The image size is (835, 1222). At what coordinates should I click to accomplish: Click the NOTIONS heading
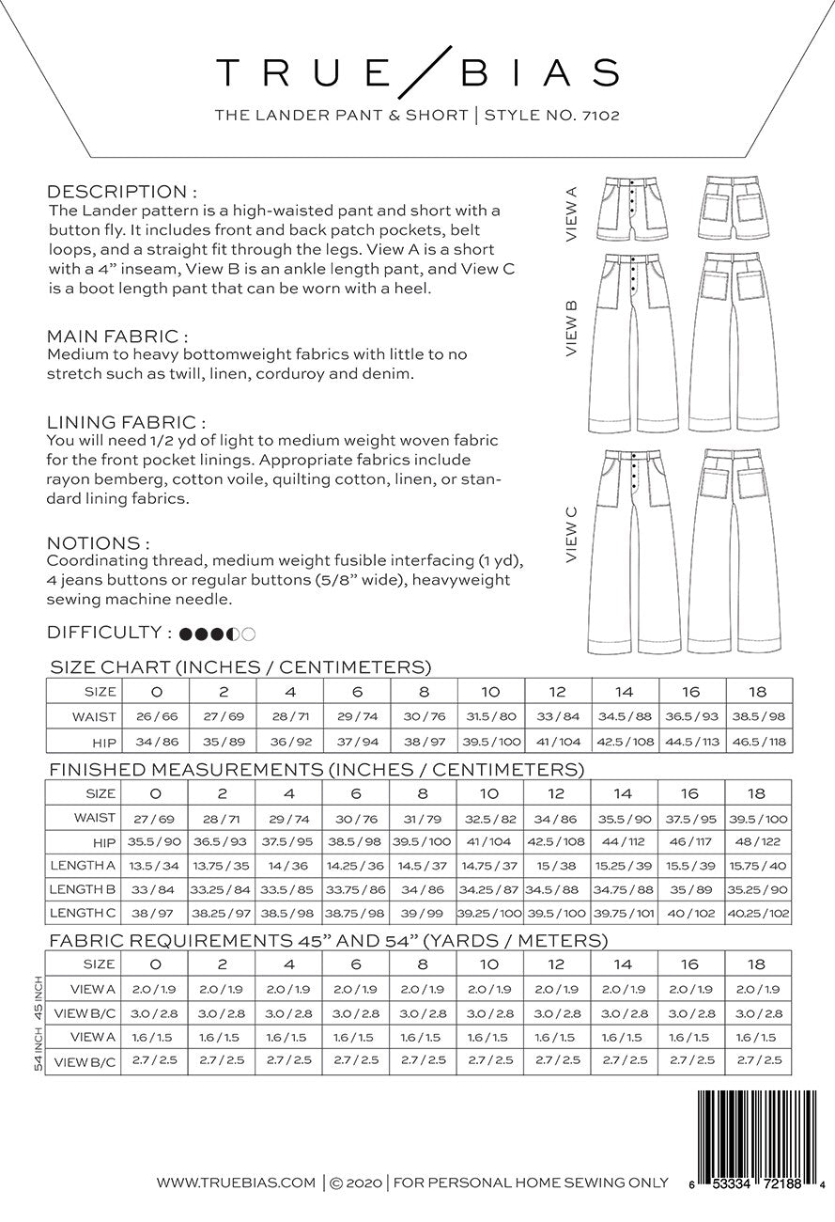click(99, 543)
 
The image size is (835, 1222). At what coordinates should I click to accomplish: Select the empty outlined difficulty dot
click(249, 634)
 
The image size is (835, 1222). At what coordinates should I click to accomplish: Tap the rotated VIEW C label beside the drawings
click(572, 535)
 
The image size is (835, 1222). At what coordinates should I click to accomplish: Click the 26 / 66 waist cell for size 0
click(156, 717)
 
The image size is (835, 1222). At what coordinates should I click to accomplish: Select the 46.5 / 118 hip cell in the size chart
click(757, 742)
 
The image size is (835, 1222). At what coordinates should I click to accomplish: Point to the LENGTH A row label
click(86, 865)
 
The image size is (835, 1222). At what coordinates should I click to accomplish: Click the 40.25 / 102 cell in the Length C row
click(757, 913)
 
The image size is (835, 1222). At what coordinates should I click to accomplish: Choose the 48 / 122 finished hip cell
click(757, 841)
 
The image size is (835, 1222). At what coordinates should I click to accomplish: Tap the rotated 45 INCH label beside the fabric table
click(39, 1000)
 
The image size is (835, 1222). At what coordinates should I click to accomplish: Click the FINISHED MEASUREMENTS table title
click(317, 769)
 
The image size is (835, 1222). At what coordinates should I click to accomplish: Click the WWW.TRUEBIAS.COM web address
click(236, 1183)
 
